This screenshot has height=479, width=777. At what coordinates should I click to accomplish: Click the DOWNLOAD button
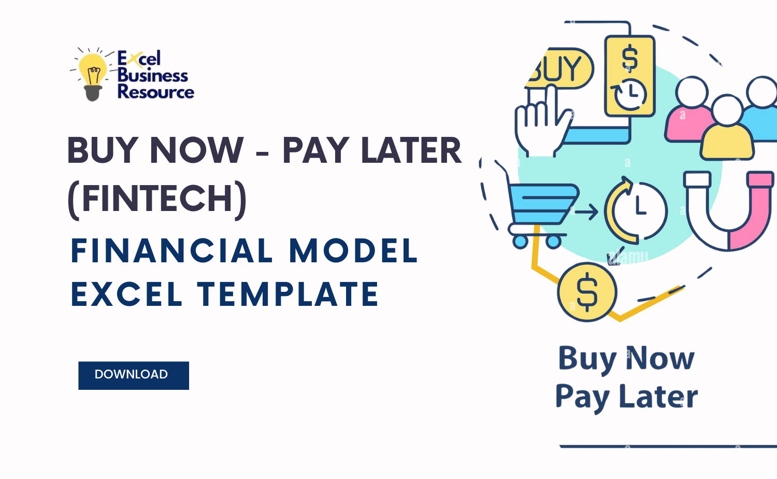point(133,375)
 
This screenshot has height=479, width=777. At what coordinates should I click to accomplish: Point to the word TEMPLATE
point(288,294)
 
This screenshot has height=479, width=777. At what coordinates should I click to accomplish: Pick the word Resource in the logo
point(155,92)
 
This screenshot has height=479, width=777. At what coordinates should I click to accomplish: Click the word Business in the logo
point(153,75)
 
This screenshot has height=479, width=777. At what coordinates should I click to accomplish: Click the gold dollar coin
point(587,292)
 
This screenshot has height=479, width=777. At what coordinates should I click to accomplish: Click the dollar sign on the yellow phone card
point(630,57)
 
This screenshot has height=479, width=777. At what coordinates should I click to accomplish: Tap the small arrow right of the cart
point(586,212)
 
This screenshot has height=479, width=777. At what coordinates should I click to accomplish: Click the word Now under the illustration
point(660,358)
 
